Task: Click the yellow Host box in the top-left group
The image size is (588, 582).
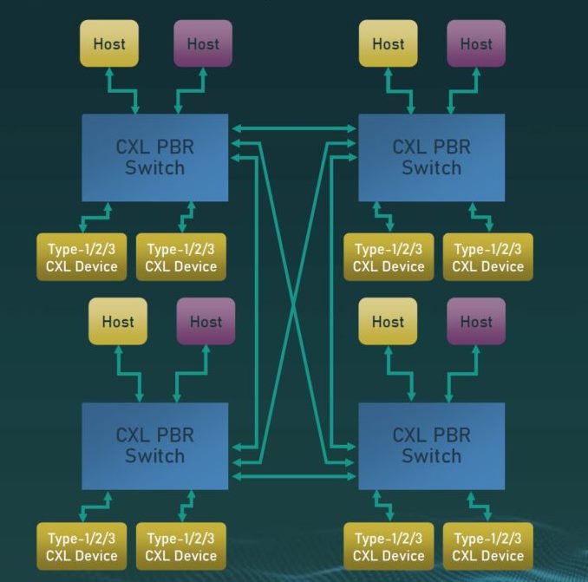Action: click(109, 43)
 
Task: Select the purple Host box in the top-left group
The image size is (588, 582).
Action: click(203, 43)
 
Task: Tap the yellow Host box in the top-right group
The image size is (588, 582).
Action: click(388, 43)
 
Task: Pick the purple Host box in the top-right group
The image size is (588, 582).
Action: click(475, 43)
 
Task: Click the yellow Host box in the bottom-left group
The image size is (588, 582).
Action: click(118, 321)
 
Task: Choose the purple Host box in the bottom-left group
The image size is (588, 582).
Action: click(206, 321)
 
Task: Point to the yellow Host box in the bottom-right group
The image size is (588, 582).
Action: click(388, 321)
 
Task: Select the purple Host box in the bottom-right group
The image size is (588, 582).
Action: click(475, 321)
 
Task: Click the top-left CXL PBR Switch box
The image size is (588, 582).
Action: click(154, 157)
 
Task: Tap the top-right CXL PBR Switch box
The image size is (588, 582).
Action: click(431, 157)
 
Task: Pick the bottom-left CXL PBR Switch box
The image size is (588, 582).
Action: click(154, 445)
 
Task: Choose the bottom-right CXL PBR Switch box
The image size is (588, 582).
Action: click(431, 445)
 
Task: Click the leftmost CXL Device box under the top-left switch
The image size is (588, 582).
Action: click(82, 258)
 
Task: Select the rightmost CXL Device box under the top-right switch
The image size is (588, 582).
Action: click(487, 258)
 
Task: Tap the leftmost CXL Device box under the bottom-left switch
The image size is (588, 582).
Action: click(82, 547)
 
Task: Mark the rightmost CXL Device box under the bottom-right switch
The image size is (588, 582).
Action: click(487, 547)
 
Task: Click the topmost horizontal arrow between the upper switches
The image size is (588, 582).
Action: click(293, 128)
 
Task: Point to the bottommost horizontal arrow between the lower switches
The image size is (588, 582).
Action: click(293, 476)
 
